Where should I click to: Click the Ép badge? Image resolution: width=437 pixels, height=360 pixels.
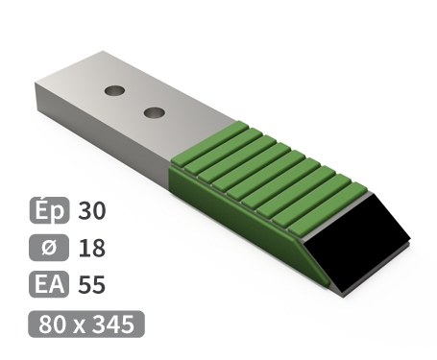tap(49, 210)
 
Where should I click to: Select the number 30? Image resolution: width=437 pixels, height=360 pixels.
tap(92, 210)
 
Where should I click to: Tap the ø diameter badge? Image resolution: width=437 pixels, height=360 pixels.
tap(49, 248)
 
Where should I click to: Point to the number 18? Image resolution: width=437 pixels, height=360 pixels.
tap(92, 248)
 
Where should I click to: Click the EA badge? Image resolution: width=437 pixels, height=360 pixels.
tap(49, 284)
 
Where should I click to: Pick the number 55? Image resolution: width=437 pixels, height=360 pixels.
tap(92, 284)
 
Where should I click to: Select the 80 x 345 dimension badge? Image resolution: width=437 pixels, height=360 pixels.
tap(86, 324)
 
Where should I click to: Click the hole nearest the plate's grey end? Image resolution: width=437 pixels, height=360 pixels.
tap(114, 90)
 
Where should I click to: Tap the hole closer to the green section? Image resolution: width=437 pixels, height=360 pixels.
tap(155, 112)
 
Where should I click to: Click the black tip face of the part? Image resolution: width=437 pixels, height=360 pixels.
tap(357, 243)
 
